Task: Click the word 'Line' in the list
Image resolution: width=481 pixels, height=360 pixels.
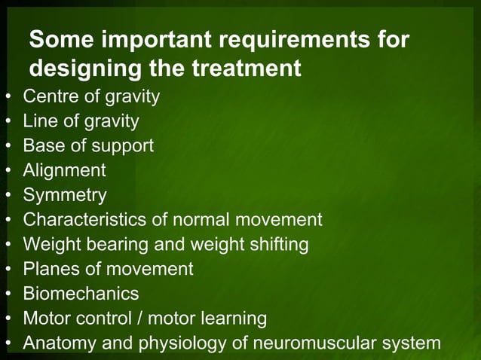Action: coord(38,121)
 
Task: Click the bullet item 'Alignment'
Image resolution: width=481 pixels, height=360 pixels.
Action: coord(64,170)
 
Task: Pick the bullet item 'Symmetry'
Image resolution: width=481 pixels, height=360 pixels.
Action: coord(65,195)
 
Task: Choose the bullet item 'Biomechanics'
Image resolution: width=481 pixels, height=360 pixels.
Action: coord(81,294)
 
